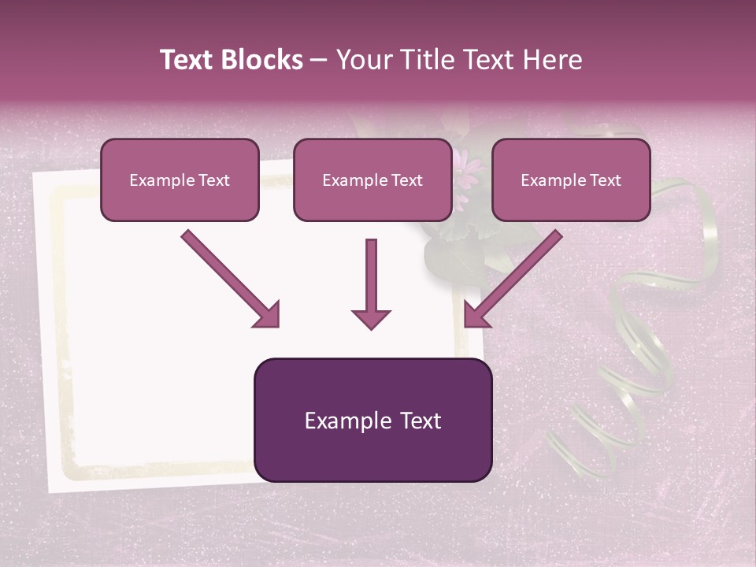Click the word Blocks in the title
point(263,60)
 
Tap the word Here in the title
point(552,60)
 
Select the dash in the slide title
point(319,61)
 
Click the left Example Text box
point(180,180)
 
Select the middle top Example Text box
point(372,180)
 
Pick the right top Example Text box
point(571,180)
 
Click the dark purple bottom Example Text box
point(372,421)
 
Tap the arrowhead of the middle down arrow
point(371,318)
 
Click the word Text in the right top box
point(605,180)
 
